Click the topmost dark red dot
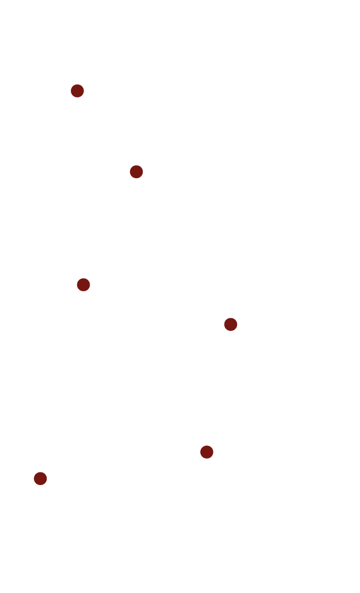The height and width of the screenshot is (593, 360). tap(77, 91)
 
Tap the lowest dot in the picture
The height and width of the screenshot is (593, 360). tap(40, 478)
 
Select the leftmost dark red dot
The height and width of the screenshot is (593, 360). tap(40, 478)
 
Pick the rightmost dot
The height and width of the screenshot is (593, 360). tap(230, 324)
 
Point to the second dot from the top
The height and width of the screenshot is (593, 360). tap(136, 172)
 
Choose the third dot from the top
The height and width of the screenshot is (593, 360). tap(83, 285)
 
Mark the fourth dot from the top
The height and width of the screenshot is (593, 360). tap(230, 324)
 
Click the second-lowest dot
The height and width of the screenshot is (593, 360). tap(206, 452)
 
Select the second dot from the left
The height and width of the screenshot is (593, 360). tap(77, 91)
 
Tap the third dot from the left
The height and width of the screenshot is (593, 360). tap(83, 285)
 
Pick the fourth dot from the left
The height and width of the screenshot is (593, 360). tap(136, 172)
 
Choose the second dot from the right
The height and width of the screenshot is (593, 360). tap(206, 452)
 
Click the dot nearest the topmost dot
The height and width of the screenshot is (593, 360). tap(136, 172)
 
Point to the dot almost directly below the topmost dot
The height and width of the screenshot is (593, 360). tap(83, 285)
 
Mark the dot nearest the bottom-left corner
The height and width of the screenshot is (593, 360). tap(40, 478)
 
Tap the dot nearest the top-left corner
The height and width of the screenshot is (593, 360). tap(77, 91)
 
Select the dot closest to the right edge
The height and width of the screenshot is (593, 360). tap(230, 324)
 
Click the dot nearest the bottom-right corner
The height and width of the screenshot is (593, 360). tap(206, 452)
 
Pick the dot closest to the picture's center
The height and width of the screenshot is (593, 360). tap(230, 324)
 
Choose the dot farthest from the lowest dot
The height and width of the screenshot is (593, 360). tap(77, 91)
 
